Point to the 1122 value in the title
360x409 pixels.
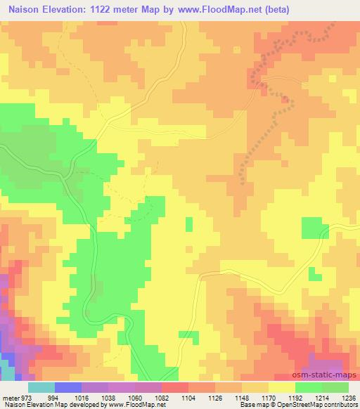[112, 9]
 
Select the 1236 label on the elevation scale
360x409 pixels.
[349, 398]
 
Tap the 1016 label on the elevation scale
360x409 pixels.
[82, 398]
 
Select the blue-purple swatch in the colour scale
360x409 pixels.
[67, 387]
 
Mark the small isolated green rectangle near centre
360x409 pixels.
[188, 223]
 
